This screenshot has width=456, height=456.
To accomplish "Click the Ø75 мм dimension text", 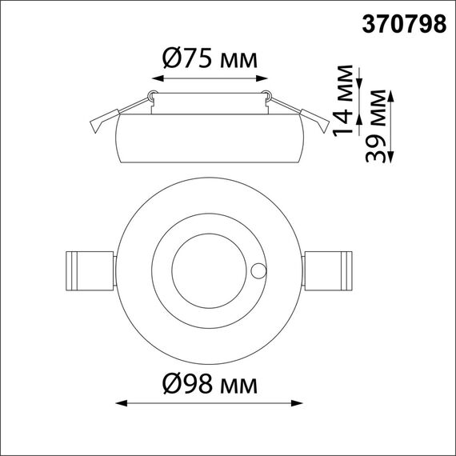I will point(209,60).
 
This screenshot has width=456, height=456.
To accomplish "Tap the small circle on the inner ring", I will point(258,270).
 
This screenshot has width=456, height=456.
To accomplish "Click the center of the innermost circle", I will point(210,266).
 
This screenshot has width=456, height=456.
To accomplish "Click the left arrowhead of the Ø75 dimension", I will point(154,78).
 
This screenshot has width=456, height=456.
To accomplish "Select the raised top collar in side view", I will point(209,102).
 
